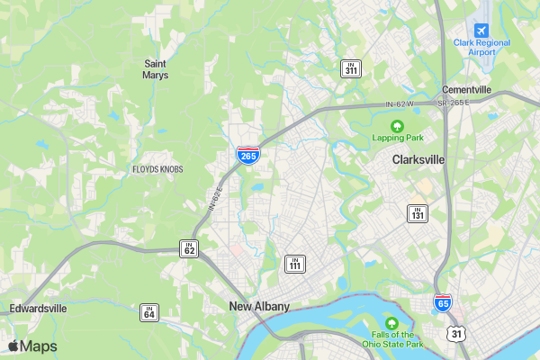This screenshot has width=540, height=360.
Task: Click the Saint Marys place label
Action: pos(156,68)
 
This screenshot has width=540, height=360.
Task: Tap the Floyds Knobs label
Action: pos(157,169)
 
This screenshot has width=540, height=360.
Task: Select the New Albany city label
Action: pos(259,307)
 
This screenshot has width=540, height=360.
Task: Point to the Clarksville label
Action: pos(418,159)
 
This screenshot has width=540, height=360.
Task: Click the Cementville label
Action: pos(466,90)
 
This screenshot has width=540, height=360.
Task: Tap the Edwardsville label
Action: pos(38,308)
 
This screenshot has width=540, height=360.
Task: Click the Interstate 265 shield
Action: pos(249,154)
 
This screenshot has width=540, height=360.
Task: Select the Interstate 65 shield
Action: pos(443,303)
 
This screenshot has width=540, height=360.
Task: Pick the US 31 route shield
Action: pos(458,334)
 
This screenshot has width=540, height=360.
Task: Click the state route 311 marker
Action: pos(350,68)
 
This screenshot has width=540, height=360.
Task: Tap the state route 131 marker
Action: pos(418,213)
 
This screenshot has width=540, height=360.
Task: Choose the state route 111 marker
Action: pos(295,263)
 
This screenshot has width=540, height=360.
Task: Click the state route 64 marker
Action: pos(149,312)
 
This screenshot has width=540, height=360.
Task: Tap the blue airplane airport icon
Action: pos(481,30)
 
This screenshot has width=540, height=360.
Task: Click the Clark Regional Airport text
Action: pos(481,47)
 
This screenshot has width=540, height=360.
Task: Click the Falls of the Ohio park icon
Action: pos(391,323)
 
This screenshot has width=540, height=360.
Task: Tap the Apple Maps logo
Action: pos(32,346)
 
